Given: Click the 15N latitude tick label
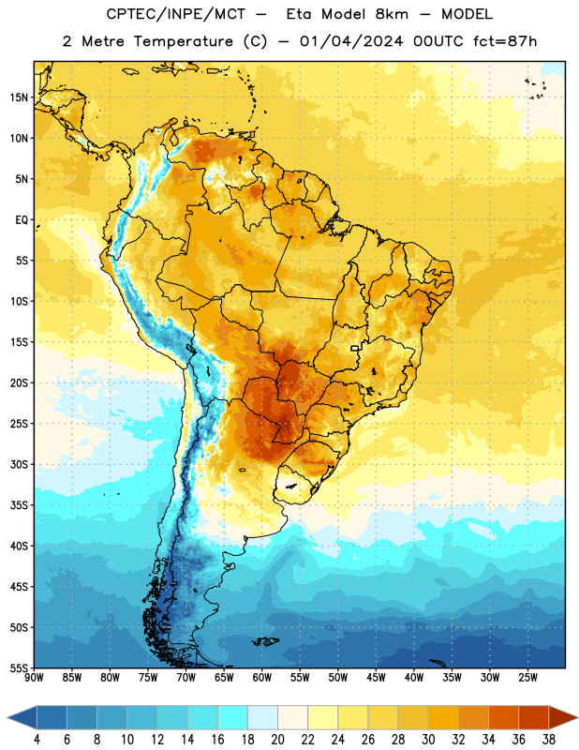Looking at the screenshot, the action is (19, 97).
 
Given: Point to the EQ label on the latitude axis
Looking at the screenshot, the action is (22, 220).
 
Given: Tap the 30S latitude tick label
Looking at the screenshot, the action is (19, 464).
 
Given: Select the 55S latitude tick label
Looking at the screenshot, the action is (19, 667).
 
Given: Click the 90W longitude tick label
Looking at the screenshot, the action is (34, 678).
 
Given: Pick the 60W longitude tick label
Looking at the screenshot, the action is (262, 678).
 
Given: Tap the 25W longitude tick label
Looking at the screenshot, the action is (527, 678).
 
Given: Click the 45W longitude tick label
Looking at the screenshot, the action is (376, 678).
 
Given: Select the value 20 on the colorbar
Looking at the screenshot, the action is (277, 740).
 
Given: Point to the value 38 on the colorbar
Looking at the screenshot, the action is (548, 740).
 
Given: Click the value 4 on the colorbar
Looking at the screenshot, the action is (37, 740).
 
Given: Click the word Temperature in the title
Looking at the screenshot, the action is (183, 41).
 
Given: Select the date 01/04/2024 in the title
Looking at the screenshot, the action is (351, 41).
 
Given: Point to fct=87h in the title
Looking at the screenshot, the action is (505, 41).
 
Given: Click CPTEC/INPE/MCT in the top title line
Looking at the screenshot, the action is (176, 14).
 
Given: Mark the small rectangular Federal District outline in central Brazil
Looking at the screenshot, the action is (355, 348).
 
